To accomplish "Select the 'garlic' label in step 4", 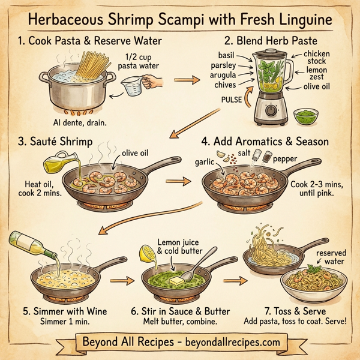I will pos(205,162).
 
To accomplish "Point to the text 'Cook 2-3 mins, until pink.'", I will pos(314,190).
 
